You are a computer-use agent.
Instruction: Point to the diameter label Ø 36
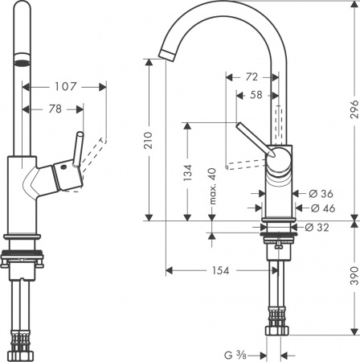point(321,194)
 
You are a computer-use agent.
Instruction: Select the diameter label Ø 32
point(321,227)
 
